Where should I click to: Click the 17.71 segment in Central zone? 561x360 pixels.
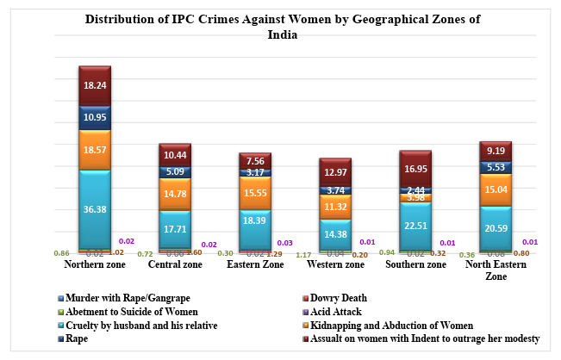pyautogui.click(x=174, y=229)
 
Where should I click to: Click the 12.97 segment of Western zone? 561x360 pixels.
pyautogui.click(x=334, y=172)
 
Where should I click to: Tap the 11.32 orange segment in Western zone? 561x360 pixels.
pyautogui.click(x=334, y=207)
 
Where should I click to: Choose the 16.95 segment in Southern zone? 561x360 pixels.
pyautogui.click(x=415, y=169)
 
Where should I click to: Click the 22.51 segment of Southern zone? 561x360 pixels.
pyautogui.click(x=415, y=227)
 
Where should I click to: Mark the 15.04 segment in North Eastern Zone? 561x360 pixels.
pyautogui.click(x=495, y=190)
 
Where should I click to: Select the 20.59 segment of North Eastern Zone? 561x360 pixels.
pyautogui.click(x=495, y=228)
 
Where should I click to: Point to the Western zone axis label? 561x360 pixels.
pyautogui.click(x=334, y=264)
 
